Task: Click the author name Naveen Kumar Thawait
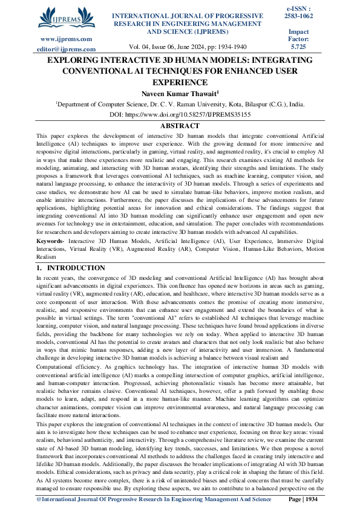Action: [180, 93]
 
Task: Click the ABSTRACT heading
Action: [179, 126]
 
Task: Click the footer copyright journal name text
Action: [154, 499]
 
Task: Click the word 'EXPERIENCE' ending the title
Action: [180, 82]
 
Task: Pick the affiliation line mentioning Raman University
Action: [180, 104]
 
